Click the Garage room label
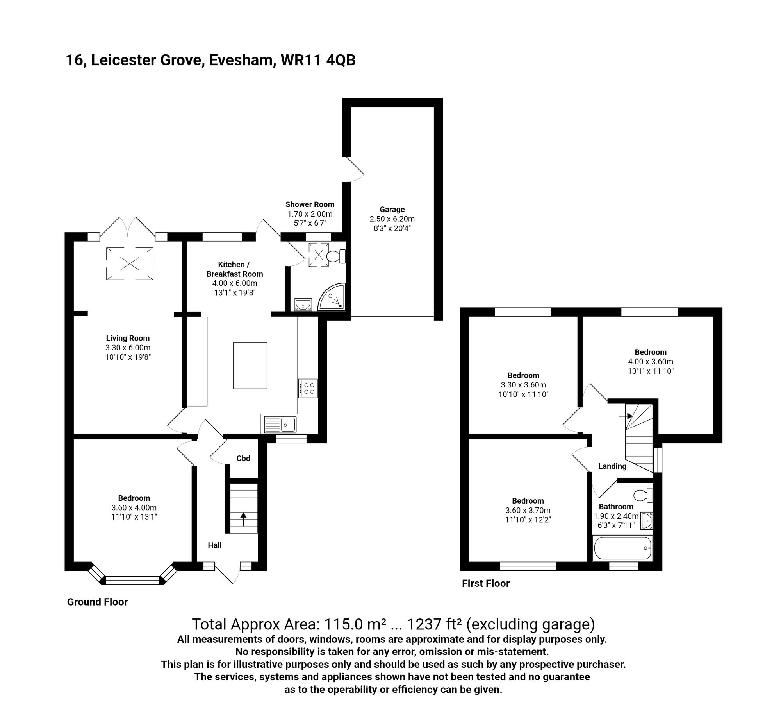392,209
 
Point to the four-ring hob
308,388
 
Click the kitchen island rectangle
250,366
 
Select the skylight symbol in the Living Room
130,263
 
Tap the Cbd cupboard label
243,458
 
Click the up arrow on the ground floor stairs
243,520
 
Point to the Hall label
215,545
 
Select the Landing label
612,466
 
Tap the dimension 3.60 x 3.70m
528,510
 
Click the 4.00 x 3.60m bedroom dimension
651,362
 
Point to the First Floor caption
486,583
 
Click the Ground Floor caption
97,602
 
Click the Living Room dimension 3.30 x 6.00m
128,348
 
